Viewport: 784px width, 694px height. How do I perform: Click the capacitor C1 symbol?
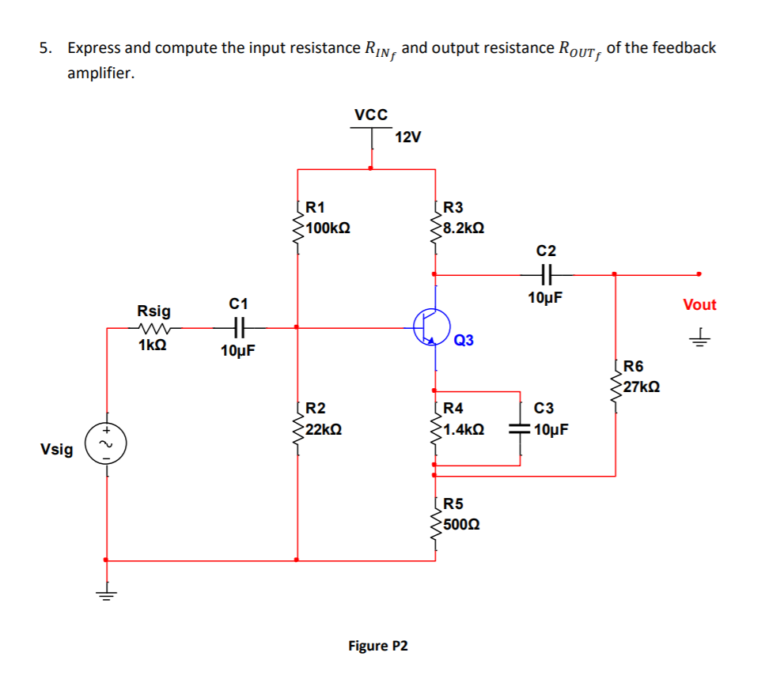(238, 326)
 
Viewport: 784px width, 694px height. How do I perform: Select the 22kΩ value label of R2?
(324, 429)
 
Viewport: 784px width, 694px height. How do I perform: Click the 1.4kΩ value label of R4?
(464, 429)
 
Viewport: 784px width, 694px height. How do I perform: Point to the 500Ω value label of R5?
(460, 524)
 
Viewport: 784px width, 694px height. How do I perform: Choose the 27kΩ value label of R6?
(641, 387)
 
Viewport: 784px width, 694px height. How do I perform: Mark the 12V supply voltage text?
(408, 137)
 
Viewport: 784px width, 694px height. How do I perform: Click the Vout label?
(699, 304)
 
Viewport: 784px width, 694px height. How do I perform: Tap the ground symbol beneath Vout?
(699, 339)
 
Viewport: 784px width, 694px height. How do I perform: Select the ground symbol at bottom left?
(107, 588)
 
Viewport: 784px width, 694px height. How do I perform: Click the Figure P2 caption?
(378, 646)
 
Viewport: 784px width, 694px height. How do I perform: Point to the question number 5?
(46, 48)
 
